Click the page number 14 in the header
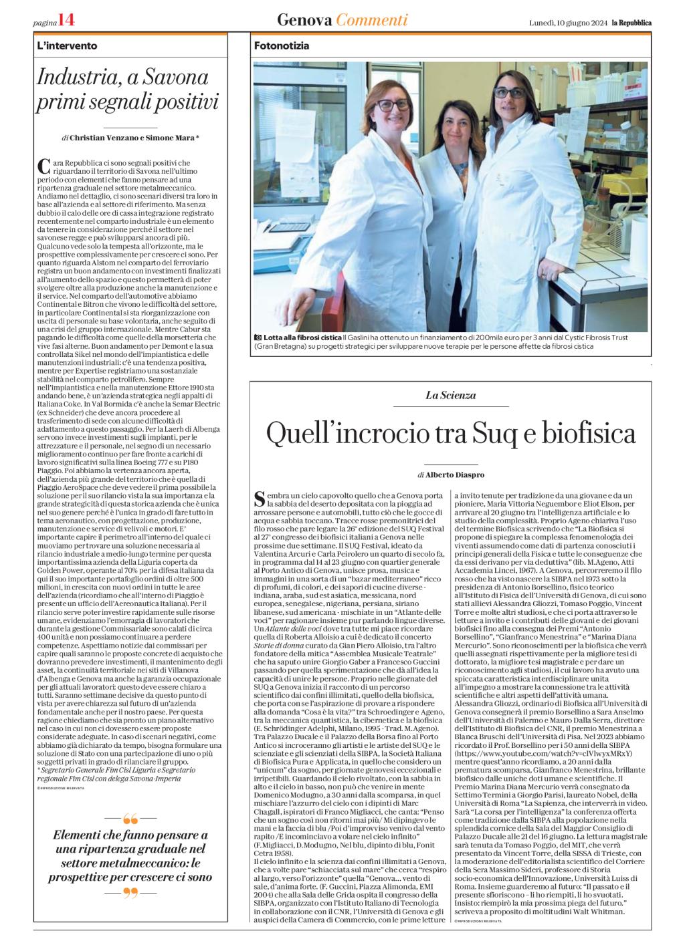(66, 21)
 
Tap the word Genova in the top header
(304, 20)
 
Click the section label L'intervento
(68, 46)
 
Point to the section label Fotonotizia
(282, 46)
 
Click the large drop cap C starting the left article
(44, 165)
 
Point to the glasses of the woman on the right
(510, 92)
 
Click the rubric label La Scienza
(450, 395)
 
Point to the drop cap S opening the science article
(261, 497)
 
